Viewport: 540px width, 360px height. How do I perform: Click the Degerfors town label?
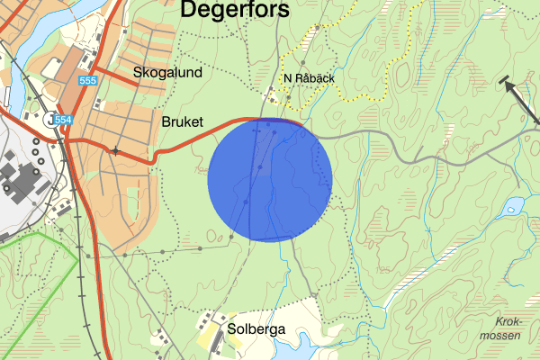coord(235,10)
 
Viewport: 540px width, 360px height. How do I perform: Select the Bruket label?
coord(184,121)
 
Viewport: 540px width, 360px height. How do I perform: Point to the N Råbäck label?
coord(309,78)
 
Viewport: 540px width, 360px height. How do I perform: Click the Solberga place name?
coord(256,329)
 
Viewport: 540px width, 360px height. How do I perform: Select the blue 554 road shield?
coord(63,120)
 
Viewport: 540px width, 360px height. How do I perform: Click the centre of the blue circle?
coord(270,180)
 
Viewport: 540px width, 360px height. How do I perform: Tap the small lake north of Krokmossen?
coord(514,205)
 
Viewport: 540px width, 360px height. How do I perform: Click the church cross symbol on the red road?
coord(115,150)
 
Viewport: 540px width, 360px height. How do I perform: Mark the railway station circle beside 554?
coord(48,120)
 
